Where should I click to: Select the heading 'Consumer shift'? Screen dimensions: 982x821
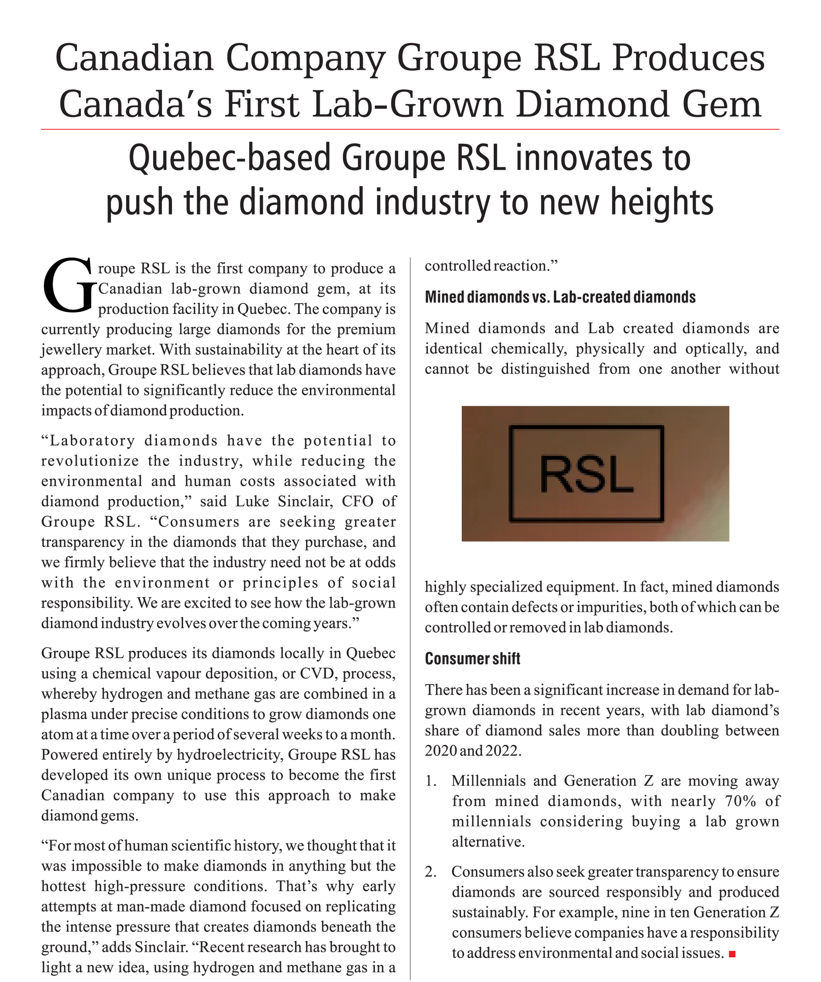pos(472,658)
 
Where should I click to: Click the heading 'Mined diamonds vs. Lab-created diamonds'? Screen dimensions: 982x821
pos(560,297)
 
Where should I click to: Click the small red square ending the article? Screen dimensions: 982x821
pos(732,954)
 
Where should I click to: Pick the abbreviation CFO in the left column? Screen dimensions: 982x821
pos(358,501)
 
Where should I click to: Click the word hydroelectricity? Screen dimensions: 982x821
pos(229,755)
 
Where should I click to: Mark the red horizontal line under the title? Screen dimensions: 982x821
pos(410,129)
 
